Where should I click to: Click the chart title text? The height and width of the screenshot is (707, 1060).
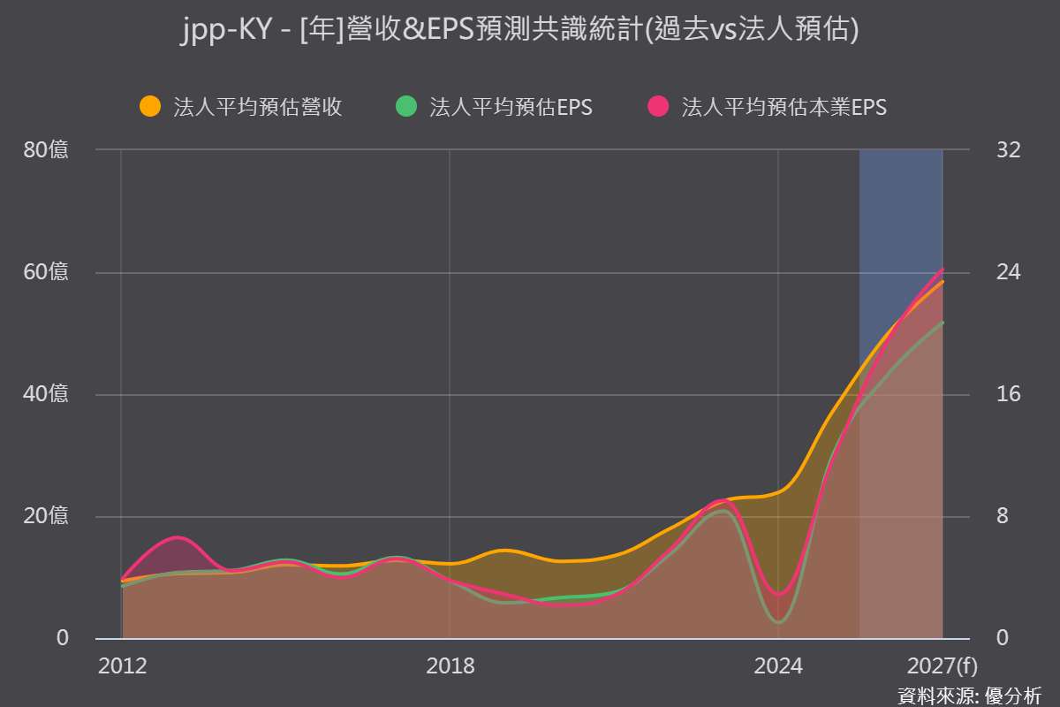click(x=520, y=29)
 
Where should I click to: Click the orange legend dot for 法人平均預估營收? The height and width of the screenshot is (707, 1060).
click(x=150, y=106)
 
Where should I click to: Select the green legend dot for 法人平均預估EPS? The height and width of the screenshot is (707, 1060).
click(x=406, y=106)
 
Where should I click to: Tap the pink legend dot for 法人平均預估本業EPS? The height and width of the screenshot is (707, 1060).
click(x=658, y=106)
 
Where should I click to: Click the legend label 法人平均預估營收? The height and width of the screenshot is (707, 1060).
click(x=258, y=107)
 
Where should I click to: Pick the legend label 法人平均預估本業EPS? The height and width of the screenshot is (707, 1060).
click(x=784, y=107)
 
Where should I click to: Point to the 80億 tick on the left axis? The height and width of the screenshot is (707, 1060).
click(x=46, y=149)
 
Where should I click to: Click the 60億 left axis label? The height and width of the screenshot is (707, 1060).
click(x=46, y=272)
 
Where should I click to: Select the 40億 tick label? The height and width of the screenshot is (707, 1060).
click(x=46, y=394)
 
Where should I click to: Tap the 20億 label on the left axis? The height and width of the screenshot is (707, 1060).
click(x=46, y=516)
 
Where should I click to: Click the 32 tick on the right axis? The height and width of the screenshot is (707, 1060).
click(x=1009, y=149)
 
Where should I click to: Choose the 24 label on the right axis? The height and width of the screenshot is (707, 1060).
click(x=1009, y=272)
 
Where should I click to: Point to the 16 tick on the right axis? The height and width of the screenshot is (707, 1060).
click(x=1009, y=394)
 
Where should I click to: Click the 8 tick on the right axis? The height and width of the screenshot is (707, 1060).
click(x=1003, y=516)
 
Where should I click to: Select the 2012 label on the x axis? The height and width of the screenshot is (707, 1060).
click(x=123, y=665)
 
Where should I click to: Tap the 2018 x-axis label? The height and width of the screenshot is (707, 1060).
click(x=450, y=665)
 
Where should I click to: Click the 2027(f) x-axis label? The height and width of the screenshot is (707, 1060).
click(x=943, y=665)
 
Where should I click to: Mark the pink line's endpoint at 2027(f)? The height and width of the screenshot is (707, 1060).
click(x=943, y=270)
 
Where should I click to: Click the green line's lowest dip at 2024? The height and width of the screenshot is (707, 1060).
click(x=778, y=622)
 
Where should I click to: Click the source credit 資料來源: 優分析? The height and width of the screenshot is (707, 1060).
click(x=969, y=696)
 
